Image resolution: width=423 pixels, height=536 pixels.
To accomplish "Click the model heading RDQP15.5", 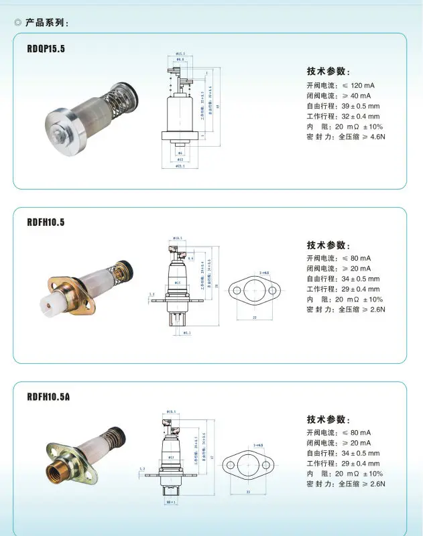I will pos(46,48).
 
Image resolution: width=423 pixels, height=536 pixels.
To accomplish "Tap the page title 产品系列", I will pos(46,23).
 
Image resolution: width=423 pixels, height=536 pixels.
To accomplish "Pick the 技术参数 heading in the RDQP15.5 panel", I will pos(328,72).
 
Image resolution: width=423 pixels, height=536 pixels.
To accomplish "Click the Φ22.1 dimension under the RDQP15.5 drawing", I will pos(180,165).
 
